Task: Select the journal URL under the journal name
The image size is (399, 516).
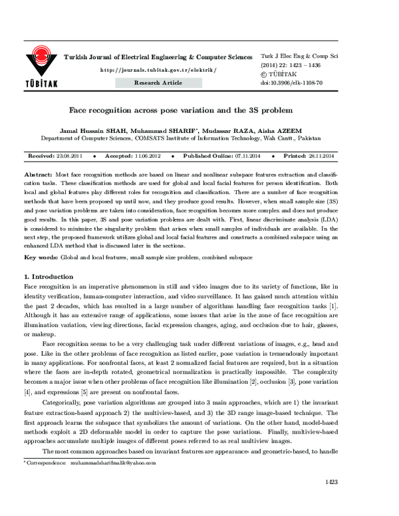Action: pyautogui.click(x=158, y=70)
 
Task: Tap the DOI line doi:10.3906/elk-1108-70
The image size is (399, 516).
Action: pyautogui.click(x=291, y=83)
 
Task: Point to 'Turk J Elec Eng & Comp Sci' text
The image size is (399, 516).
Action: pyautogui.click(x=300, y=57)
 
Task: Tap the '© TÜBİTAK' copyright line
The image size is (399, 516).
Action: pyautogui.click(x=278, y=74)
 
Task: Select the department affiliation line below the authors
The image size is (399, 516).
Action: pyautogui.click(x=180, y=139)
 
